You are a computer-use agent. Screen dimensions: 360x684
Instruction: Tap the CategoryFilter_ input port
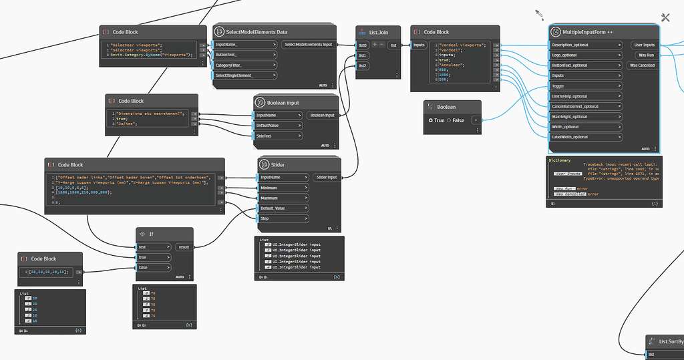click(x=244, y=65)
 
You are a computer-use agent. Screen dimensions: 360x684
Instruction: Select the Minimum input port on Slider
click(x=283, y=188)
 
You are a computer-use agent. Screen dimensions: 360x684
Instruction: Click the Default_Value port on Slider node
click(x=283, y=208)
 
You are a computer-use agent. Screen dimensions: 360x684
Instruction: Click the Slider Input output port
click(x=326, y=177)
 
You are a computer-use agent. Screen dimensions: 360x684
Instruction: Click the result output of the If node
click(x=183, y=246)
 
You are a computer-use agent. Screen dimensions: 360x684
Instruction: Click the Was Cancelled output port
click(x=643, y=65)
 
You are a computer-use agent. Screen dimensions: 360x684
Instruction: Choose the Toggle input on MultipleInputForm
click(x=585, y=86)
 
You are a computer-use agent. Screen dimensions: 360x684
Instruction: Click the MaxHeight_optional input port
click(x=585, y=117)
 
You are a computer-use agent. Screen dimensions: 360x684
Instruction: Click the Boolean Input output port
click(x=322, y=116)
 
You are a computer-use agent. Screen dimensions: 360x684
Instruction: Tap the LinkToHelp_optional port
click(x=585, y=96)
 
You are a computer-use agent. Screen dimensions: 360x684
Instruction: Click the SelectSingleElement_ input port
click(x=244, y=75)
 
